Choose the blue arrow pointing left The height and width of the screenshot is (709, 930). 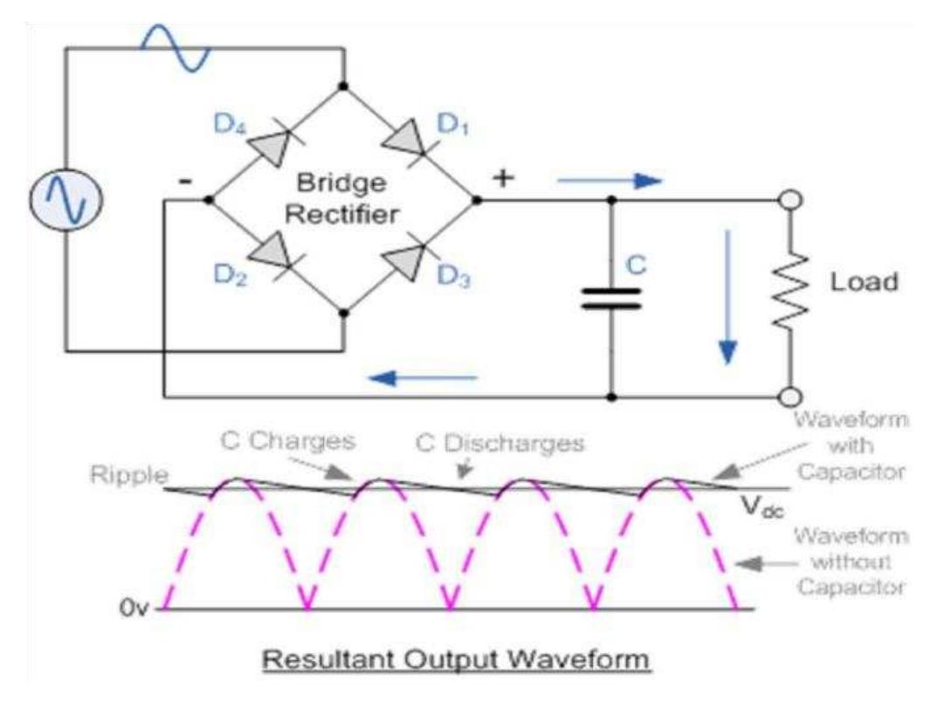[x=421, y=378]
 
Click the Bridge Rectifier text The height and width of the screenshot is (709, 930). [x=343, y=200]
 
